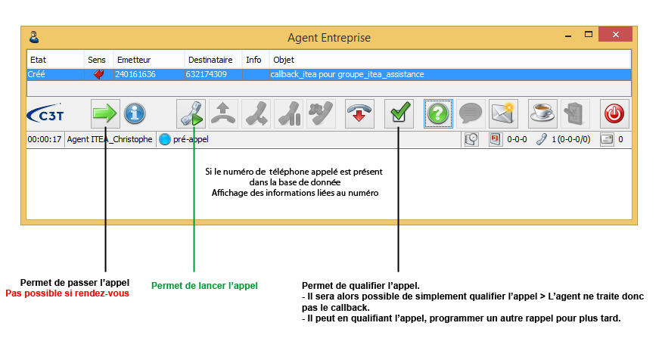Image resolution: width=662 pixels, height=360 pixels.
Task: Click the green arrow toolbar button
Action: tap(105, 114)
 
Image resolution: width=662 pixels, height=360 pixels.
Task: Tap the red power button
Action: tap(614, 114)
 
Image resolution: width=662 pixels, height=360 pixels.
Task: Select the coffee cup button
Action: tap(542, 114)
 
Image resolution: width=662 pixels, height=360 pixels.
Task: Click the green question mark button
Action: tap(438, 114)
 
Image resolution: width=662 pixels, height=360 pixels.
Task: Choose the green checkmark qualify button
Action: tap(399, 114)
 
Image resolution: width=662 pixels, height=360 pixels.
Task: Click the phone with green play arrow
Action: tap(191, 114)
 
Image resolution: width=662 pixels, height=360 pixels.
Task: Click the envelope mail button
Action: tap(503, 114)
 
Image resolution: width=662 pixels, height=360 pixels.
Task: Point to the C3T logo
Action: tap(45, 114)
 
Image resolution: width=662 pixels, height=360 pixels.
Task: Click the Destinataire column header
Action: tap(210, 59)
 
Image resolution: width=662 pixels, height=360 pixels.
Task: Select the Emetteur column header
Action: tap(134, 59)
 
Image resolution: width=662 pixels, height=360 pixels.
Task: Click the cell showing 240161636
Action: tap(135, 75)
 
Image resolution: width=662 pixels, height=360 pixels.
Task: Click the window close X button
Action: tap(617, 36)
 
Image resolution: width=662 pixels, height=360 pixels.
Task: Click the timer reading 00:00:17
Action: tap(45, 139)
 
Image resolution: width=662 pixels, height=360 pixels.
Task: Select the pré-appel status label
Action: tap(191, 139)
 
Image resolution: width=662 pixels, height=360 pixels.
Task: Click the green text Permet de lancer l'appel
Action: tap(204, 286)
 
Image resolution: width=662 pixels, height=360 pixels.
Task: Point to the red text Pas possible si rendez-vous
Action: tap(67, 293)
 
